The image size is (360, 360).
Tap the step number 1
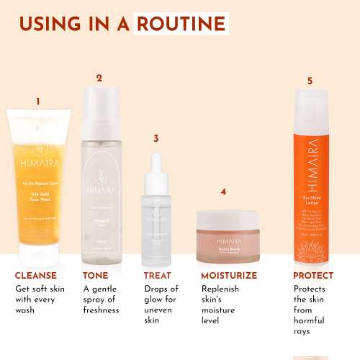38,102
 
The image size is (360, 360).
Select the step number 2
99,78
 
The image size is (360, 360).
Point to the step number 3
156,138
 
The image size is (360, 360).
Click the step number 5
310,81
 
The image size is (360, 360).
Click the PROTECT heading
313,276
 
